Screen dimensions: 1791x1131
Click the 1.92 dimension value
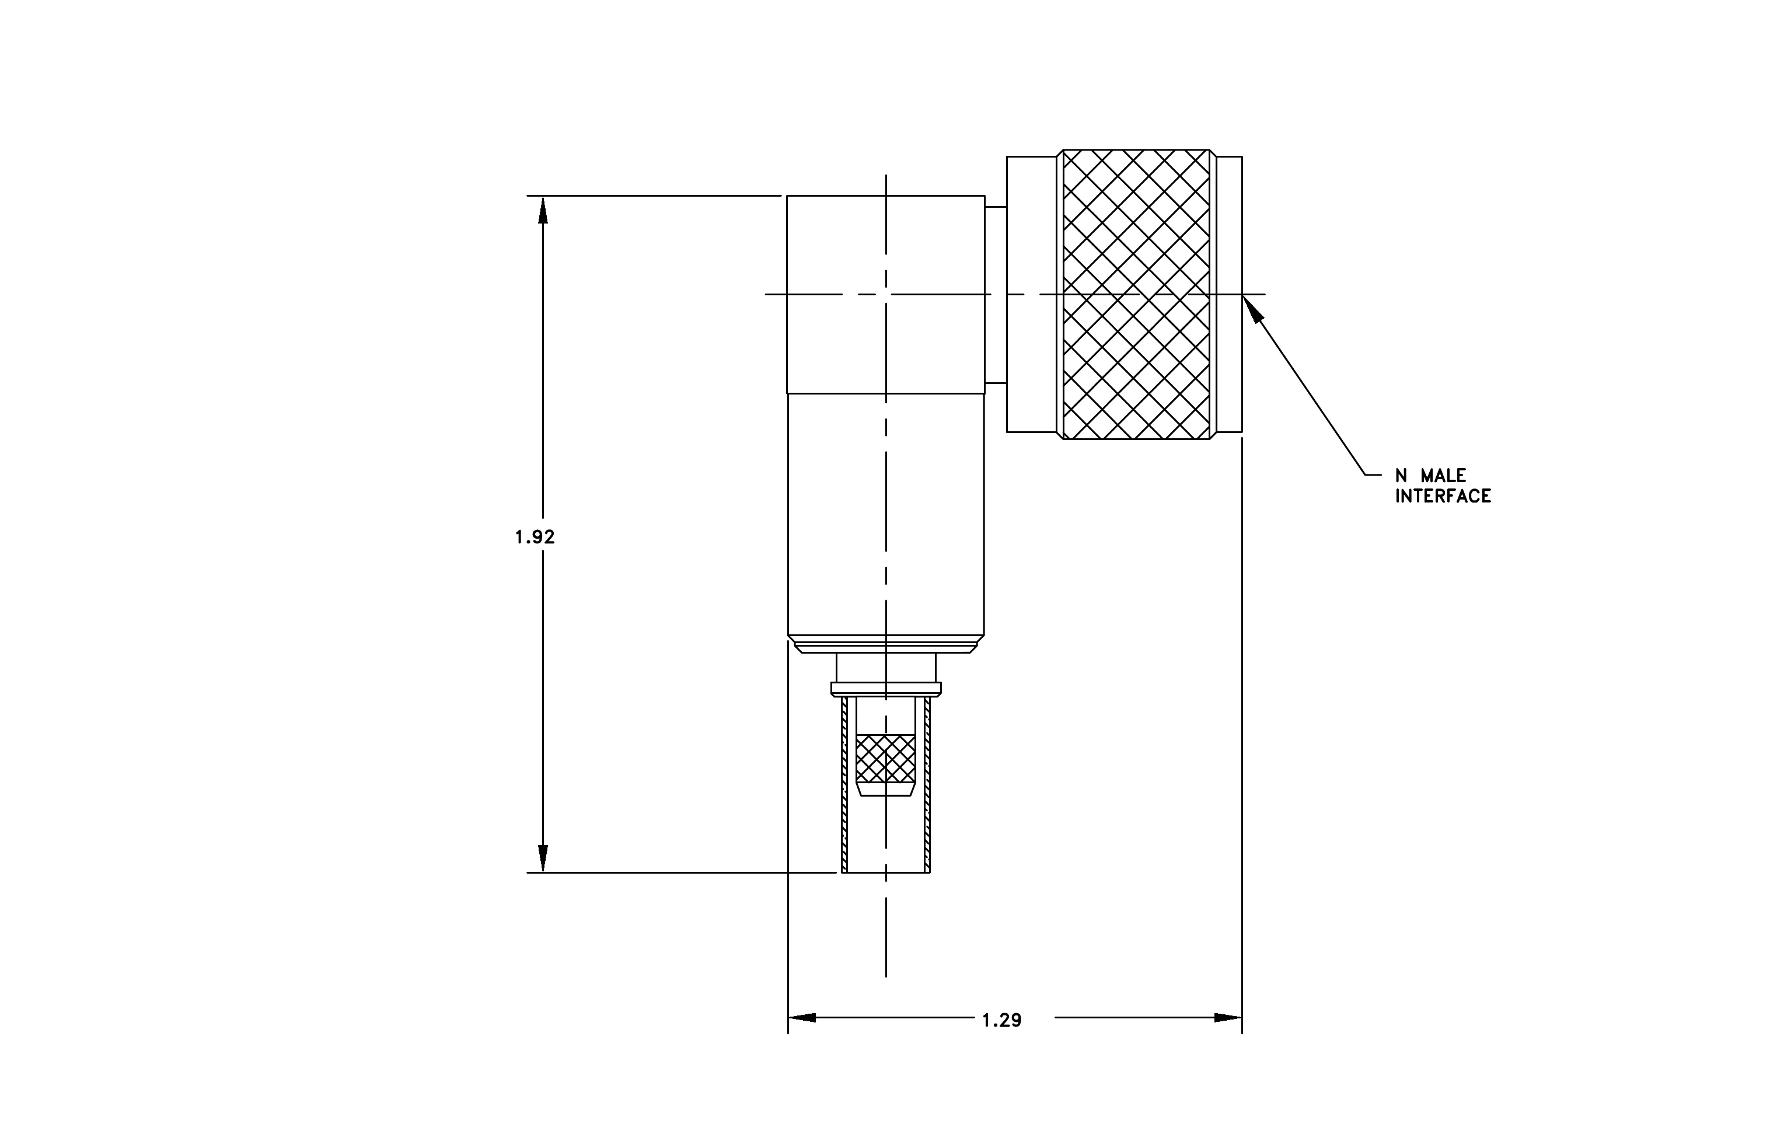(535, 536)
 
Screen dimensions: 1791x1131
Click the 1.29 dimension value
(1002, 1020)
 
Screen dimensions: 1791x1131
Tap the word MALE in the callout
(1444, 475)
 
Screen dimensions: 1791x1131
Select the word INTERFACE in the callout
(1443, 496)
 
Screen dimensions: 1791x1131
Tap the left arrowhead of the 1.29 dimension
(802, 1017)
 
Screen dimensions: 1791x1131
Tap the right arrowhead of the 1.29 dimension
(1228, 1017)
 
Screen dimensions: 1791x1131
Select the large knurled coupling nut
(1136, 295)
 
